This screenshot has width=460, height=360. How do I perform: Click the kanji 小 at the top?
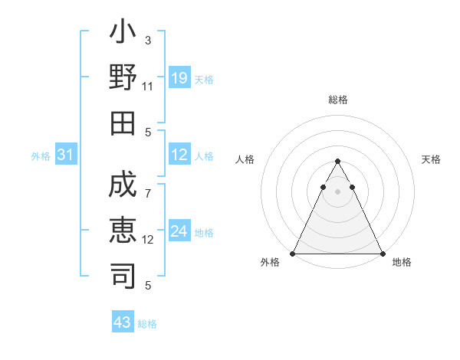123,35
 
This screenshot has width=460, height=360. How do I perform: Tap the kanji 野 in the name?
123,77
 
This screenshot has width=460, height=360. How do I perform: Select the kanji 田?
123,121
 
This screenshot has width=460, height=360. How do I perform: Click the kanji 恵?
123,231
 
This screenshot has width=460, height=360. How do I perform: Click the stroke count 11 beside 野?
148,87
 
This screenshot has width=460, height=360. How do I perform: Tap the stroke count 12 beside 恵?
148,240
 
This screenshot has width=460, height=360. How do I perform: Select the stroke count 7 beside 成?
148,185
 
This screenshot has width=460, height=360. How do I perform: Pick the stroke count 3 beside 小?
148,40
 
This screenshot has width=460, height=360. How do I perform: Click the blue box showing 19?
179,78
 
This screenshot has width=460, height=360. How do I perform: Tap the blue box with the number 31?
66,155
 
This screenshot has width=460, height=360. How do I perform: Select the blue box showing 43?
123,322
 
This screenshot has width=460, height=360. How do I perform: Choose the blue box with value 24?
179,231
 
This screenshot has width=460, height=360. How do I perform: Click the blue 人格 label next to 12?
204,156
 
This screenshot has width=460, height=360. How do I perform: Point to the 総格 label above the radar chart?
337,100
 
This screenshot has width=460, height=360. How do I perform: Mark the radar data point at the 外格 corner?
293,253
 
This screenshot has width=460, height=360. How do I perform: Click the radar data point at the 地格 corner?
382,253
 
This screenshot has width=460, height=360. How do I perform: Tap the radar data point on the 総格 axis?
337,162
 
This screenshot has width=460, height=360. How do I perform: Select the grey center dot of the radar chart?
337,191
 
